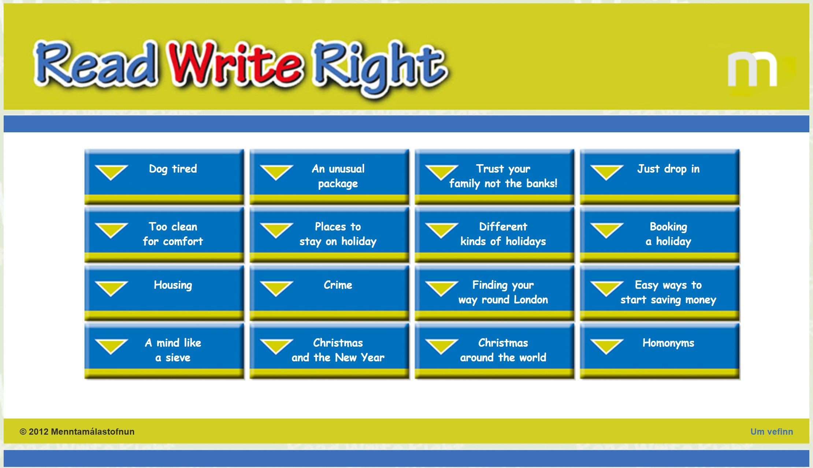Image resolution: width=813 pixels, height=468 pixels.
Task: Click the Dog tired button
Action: click(164, 177)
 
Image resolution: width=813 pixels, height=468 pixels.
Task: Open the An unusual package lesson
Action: click(329, 177)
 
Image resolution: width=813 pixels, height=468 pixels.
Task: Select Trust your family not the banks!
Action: click(494, 177)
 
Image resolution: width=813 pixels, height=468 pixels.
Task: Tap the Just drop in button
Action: click(660, 177)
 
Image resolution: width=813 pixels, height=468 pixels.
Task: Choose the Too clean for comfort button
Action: click(164, 235)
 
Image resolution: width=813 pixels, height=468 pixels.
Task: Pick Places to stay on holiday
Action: click(329, 235)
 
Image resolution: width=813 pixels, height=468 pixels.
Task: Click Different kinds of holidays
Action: click(494, 235)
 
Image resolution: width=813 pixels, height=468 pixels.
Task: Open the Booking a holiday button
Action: click(660, 235)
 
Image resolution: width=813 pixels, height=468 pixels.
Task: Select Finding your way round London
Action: click(494, 293)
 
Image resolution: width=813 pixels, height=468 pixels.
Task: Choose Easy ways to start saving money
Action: click(660, 293)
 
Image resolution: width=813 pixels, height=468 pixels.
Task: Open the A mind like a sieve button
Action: click(164, 351)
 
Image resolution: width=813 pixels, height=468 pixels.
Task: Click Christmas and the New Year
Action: click(329, 351)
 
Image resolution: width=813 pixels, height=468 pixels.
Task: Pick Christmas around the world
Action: click(494, 351)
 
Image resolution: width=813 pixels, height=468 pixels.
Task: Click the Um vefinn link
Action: click(772, 432)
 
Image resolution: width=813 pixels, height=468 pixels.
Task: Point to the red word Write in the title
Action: click(235, 63)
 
